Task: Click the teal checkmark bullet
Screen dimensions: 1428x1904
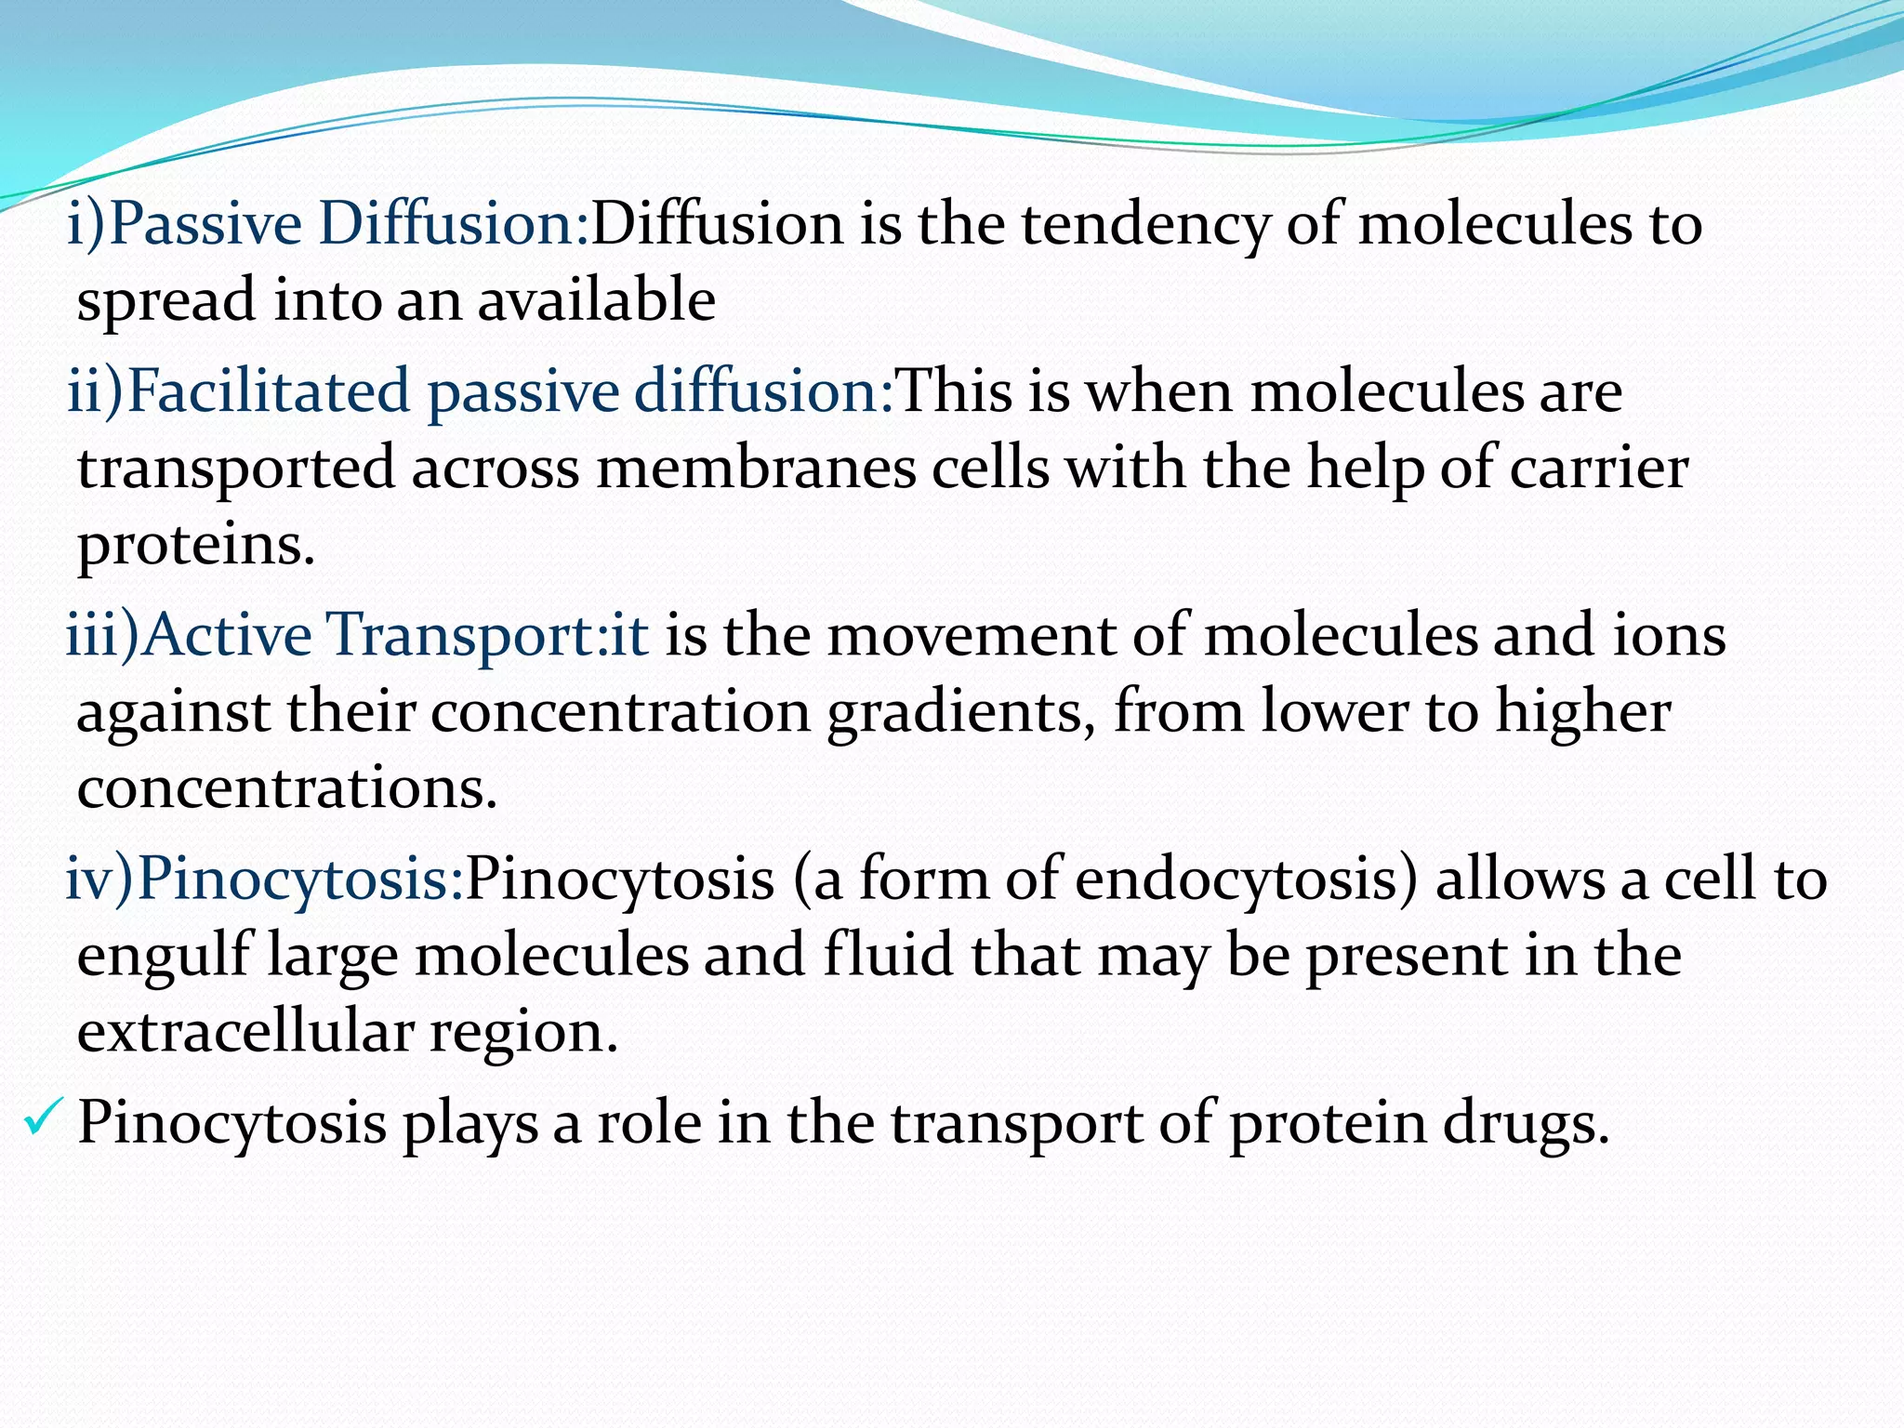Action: [x=43, y=1117]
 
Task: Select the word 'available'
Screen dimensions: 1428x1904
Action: [x=596, y=300]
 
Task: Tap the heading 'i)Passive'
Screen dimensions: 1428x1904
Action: [x=185, y=226]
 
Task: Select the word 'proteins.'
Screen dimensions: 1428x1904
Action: [x=196, y=545]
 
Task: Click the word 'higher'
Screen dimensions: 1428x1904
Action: [x=1582, y=713]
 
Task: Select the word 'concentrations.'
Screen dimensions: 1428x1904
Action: [x=287, y=788]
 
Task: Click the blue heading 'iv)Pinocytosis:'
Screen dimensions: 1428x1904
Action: [x=264, y=879]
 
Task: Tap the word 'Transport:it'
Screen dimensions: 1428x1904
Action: [x=488, y=636]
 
